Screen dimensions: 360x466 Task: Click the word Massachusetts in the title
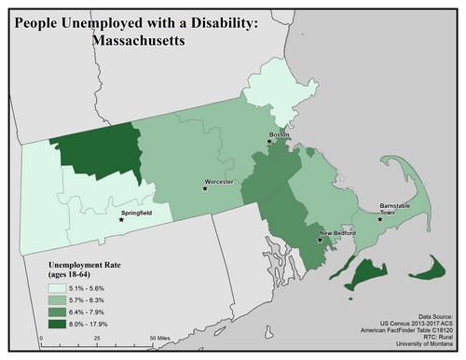point(129,42)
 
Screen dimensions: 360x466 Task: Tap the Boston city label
point(279,135)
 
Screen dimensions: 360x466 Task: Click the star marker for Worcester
point(205,188)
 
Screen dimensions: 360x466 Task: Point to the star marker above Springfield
point(121,221)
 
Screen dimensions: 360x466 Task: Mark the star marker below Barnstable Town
point(379,220)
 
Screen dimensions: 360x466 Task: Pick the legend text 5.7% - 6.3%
point(96,300)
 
